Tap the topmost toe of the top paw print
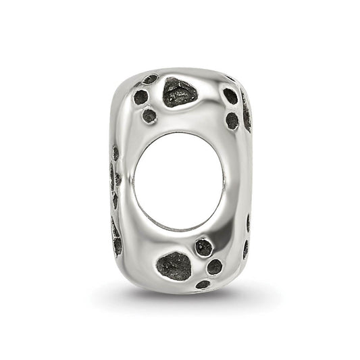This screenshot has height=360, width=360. (150, 79)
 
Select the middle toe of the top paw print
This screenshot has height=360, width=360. (140, 97)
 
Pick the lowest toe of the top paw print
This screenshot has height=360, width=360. (149, 116)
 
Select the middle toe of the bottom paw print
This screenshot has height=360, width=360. (214, 266)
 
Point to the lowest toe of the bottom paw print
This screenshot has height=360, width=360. (203, 284)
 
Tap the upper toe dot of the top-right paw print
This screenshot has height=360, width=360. (230, 96)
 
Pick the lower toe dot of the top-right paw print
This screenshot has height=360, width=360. (232, 120)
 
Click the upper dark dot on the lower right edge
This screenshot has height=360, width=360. (248, 223)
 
